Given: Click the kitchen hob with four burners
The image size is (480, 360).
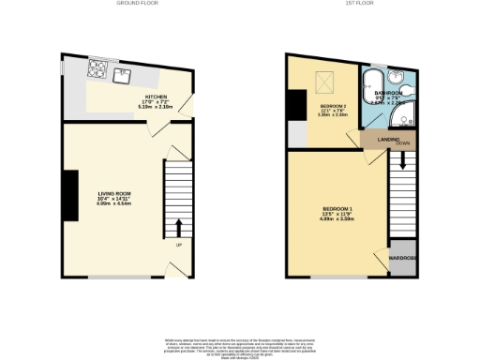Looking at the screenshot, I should [97, 67].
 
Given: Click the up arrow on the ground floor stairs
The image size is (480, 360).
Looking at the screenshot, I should [178, 227].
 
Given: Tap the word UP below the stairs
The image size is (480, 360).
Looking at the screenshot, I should [178, 246].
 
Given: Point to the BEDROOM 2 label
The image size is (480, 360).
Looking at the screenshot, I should [333, 106].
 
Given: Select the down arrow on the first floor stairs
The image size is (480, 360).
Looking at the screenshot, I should [404, 160].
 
